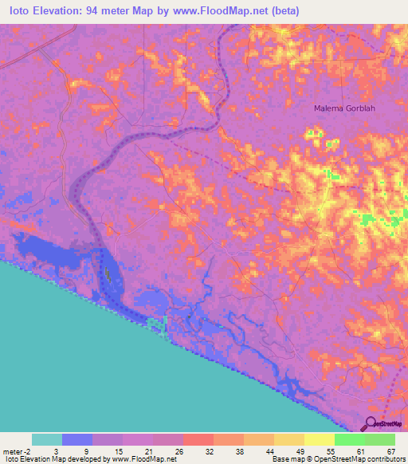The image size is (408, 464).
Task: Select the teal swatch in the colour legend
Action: (47, 439)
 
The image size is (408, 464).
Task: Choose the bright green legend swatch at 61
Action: (349, 439)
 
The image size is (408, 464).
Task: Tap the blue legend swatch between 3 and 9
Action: (77, 439)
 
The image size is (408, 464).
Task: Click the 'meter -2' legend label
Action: (16, 451)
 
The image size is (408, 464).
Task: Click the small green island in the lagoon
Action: (107, 273)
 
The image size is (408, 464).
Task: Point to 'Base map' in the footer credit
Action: (285, 459)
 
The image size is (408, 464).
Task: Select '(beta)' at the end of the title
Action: (285, 10)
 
